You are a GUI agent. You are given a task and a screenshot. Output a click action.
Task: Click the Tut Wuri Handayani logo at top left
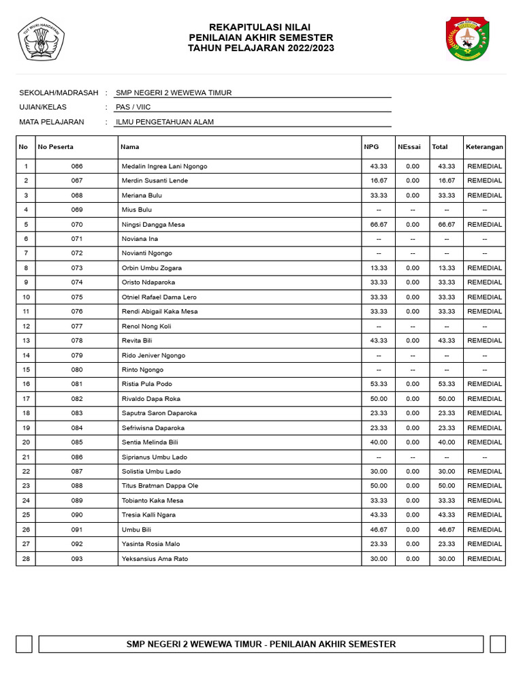42,39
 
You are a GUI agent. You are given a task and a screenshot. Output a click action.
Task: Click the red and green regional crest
467,39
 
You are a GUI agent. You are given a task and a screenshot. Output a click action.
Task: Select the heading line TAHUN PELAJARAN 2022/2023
261,48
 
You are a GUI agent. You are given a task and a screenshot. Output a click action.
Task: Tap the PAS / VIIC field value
133,107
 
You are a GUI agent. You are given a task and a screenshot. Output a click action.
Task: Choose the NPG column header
371,147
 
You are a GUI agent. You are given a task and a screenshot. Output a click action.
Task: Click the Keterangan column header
484,147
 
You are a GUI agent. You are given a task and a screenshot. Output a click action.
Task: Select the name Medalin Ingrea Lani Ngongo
164,166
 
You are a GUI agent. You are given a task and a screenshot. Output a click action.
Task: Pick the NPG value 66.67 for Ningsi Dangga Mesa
378,225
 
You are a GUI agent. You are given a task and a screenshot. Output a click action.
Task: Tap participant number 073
76,268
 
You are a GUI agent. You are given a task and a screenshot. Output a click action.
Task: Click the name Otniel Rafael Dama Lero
159,297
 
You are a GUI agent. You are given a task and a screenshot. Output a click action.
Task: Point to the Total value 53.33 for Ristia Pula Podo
446,384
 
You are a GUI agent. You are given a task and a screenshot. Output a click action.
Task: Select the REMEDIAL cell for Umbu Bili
484,530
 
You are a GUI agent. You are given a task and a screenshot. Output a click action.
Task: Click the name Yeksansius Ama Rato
155,559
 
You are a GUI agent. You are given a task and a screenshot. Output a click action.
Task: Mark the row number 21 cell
26,457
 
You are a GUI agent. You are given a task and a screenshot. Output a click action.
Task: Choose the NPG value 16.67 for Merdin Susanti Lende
378,181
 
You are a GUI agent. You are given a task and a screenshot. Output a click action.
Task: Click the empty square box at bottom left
25,644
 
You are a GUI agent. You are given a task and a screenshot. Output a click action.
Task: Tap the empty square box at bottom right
498,644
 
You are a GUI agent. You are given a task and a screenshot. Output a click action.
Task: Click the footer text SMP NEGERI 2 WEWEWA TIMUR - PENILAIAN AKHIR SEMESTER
261,644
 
